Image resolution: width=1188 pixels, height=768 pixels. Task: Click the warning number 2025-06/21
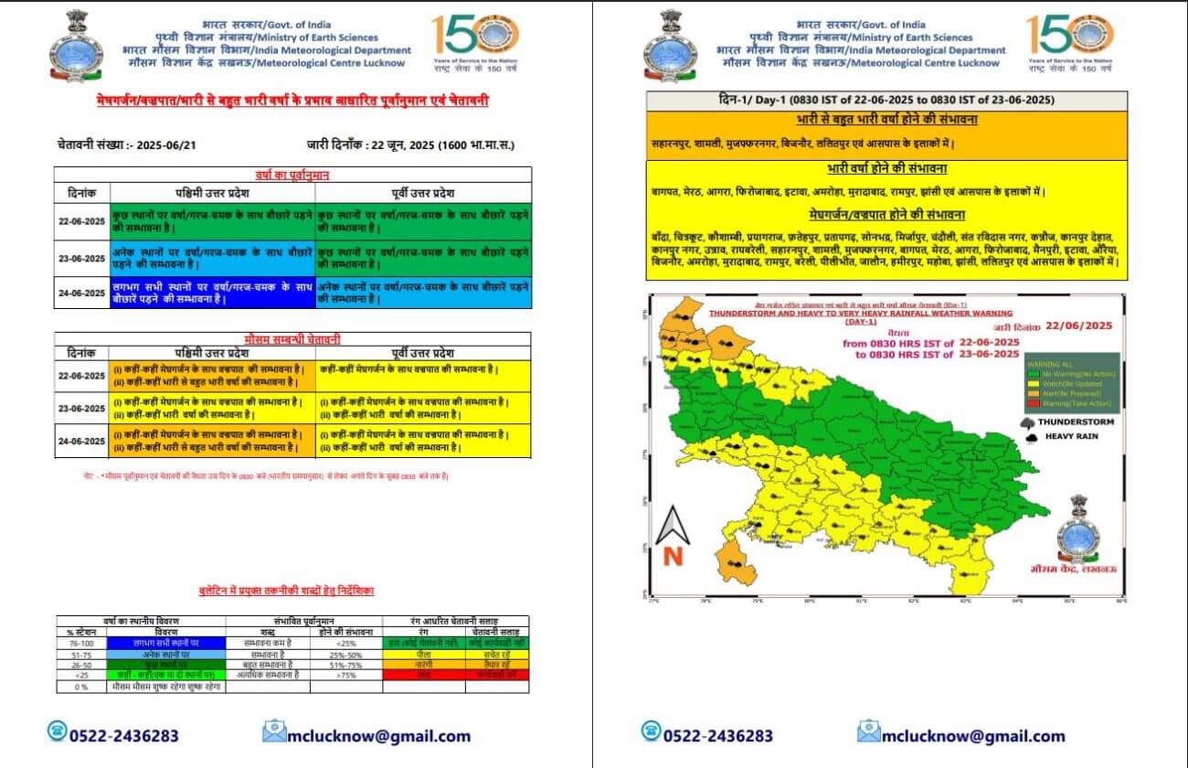tap(161, 144)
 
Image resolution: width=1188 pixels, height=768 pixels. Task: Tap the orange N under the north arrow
tap(674, 556)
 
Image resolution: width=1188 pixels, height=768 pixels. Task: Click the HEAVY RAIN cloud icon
tap(1031, 437)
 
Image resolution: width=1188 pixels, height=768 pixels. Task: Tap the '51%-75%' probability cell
tap(345, 664)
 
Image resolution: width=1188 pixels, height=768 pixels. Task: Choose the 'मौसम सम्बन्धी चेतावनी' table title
tap(292, 339)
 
